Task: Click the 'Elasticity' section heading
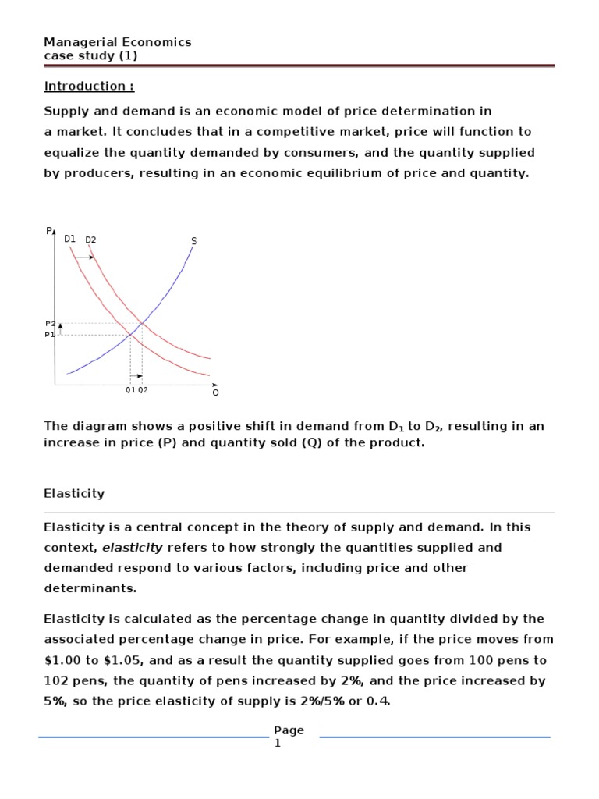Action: [x=74, y=494]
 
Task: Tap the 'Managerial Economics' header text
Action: [x=117, y=42]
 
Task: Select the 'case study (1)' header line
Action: [x=91, y=55]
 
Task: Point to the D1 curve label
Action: [x=69, y=239]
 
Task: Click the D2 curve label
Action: [x=90, y=240]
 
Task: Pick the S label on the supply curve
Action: [x=193, y=241]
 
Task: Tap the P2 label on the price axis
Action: [x=50, y=323]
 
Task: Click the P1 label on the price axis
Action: [x=50, y=334]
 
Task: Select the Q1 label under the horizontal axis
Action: [x=130, y=390]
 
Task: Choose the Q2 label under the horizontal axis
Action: [x=143, y=390]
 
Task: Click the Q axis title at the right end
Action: [x=215, y=392]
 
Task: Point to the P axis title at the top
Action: [x=48, y=230]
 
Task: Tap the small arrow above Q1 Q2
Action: [x=136, y=375]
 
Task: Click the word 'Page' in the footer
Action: [x=289, y=730]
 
